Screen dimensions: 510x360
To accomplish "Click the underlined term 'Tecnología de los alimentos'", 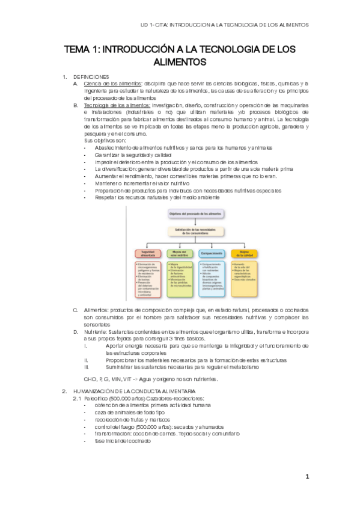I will tap(117, 105).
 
